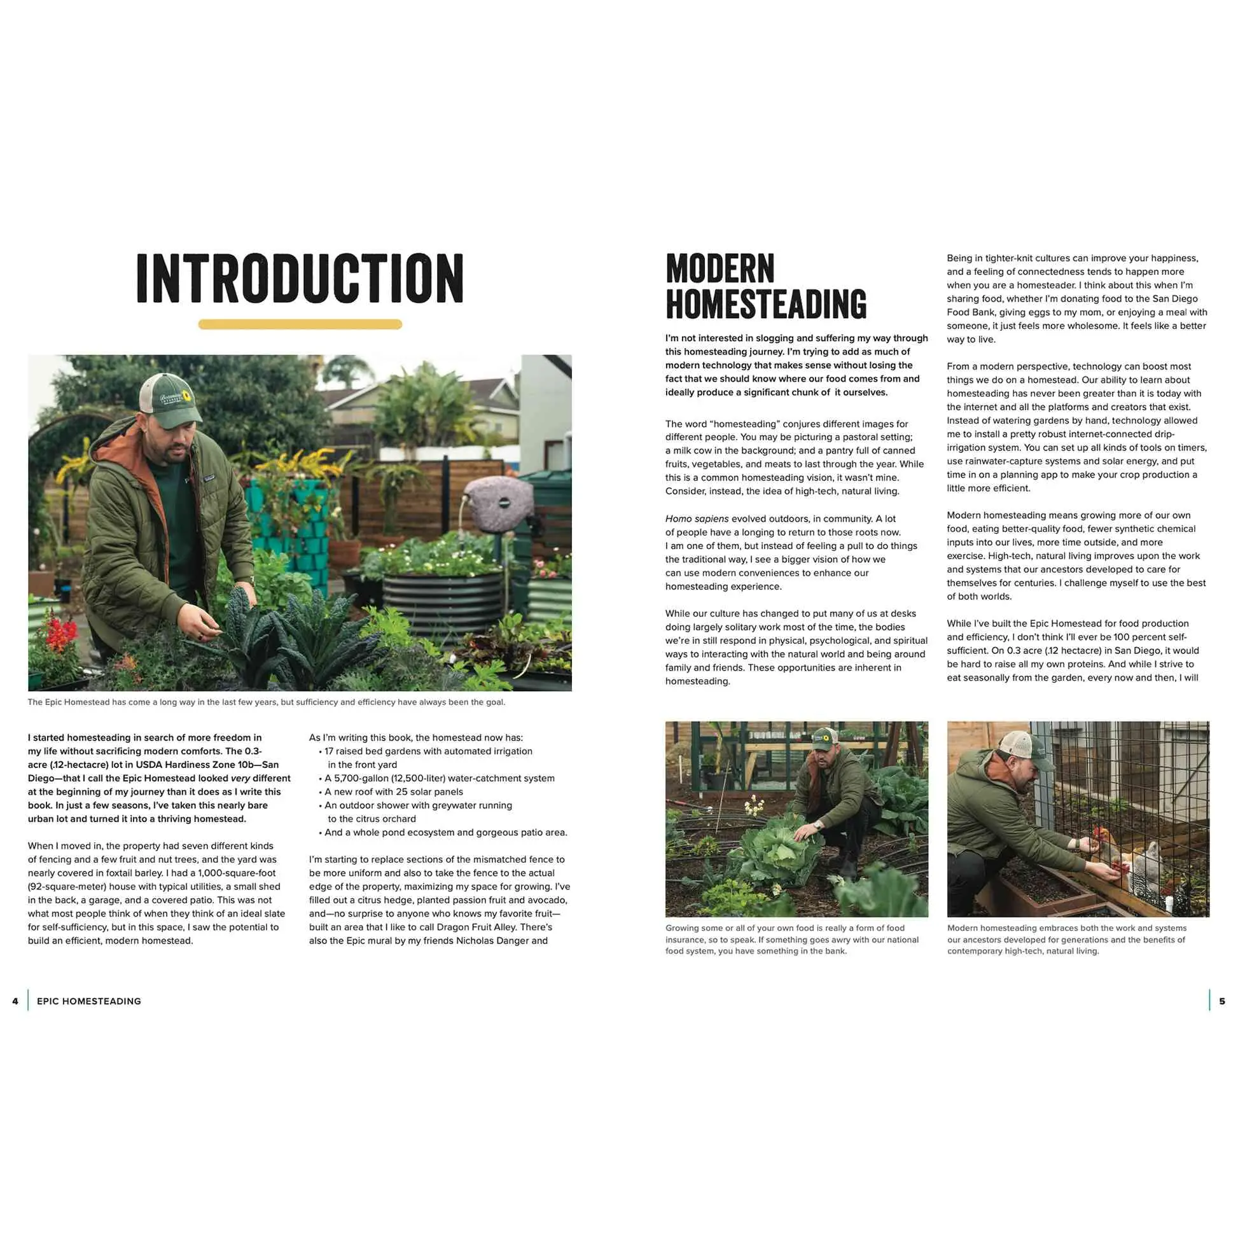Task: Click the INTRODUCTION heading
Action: click(300, 278)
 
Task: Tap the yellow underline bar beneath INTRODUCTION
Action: click(300, 324)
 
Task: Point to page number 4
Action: click(15, 1001)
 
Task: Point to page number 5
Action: click(1221, 1001)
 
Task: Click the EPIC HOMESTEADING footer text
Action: click(89, 1001)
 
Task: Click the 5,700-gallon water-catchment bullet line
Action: click(439, 778)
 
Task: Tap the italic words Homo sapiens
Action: click(697, 518)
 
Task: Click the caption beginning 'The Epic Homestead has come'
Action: click(266, 702)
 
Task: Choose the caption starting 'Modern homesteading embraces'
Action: click(1066, 940)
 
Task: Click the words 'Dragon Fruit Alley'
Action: click(475, 927)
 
